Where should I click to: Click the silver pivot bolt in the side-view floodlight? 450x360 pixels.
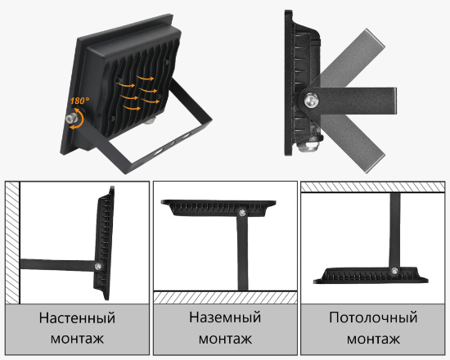coord(311,101)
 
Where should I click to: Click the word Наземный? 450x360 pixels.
coord(224,317)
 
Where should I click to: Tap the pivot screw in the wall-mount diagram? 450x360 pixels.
coord(98,263)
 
